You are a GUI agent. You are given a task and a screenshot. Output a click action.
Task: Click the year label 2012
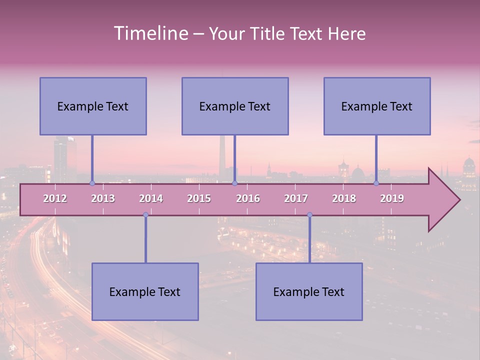55,198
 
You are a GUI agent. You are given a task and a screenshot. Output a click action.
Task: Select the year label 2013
103,198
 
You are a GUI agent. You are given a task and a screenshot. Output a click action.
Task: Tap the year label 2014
151,198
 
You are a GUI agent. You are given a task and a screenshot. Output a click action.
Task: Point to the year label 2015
199,198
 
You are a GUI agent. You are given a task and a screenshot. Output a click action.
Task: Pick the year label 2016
248,198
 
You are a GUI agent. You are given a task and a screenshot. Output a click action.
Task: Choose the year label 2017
296,198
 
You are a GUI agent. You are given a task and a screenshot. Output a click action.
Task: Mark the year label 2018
344,198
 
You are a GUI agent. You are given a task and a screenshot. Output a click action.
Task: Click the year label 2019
392,198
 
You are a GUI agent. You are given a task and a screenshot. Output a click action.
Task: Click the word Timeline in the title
150,33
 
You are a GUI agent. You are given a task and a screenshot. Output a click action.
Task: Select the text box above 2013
93,106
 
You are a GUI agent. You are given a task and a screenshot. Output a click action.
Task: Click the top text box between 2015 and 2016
235,106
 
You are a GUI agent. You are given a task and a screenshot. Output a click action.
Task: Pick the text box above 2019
377,106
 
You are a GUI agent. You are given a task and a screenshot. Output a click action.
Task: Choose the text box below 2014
145,292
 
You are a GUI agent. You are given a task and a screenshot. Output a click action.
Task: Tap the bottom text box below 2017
309,292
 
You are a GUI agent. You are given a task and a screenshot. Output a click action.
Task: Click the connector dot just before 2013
92,183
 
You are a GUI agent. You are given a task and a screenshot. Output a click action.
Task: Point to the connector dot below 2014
145,214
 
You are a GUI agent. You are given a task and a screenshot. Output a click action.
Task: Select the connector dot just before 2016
234,183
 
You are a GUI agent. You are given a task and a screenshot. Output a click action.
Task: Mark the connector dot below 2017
309,214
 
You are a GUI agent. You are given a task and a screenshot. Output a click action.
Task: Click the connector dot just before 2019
376,183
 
